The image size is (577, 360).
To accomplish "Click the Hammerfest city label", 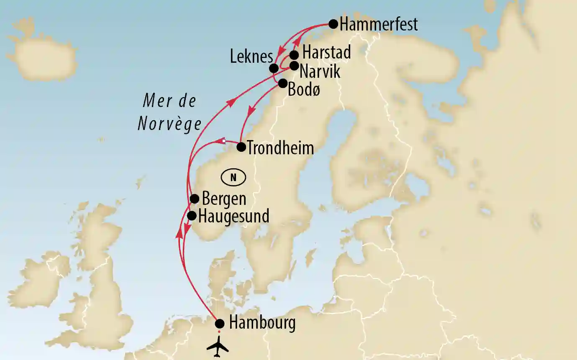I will (379, 24).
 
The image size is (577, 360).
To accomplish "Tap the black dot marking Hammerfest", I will (333, 24).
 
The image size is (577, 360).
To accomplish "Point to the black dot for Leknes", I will (274, 68).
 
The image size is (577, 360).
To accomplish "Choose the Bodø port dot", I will (283, 83).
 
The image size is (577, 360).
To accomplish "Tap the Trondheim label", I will (280, 148).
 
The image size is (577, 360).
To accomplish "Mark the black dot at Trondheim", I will (241, 147).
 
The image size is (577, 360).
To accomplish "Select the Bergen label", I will (224, 199).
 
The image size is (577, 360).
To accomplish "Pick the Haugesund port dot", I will (192, 216).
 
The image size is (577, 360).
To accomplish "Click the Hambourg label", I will (262, 323).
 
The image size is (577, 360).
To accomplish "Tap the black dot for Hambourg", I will (220, 324).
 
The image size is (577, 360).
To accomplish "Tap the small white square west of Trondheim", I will (224, 141).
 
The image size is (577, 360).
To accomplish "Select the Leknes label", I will (251, 57).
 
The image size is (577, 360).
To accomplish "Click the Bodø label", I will (304, 90).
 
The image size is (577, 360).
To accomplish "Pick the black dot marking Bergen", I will (194, 199).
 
